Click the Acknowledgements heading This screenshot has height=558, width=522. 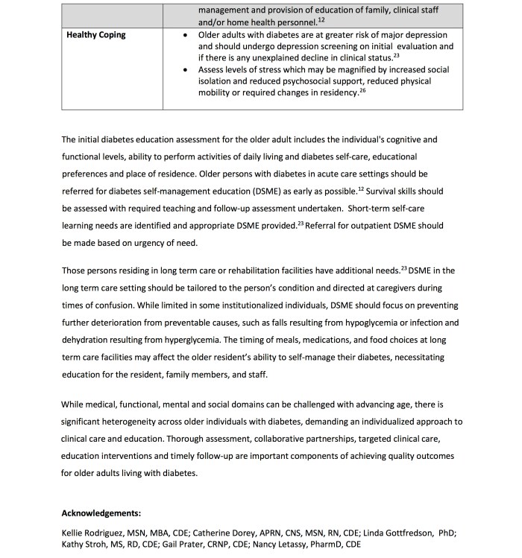101,514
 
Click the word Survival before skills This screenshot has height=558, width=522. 389,191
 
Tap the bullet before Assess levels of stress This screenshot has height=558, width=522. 184,70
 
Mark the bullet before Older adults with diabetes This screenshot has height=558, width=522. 184,35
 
